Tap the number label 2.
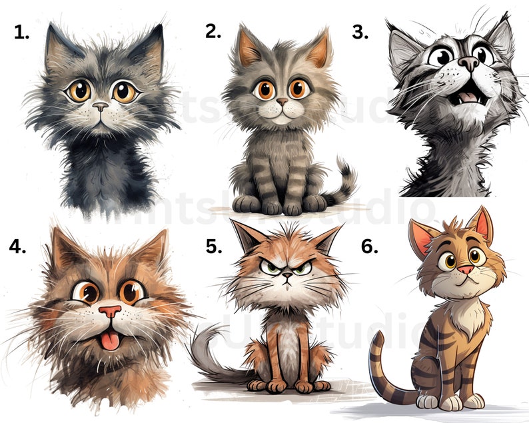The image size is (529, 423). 213,31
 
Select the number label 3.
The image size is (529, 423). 360,32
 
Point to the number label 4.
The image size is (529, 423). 18,246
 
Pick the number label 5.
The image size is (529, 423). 213,246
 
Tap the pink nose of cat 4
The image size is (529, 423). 110,311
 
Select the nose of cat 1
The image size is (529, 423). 101,106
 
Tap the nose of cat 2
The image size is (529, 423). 282,102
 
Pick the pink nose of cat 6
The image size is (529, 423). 464,269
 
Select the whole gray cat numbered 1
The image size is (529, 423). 101,113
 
